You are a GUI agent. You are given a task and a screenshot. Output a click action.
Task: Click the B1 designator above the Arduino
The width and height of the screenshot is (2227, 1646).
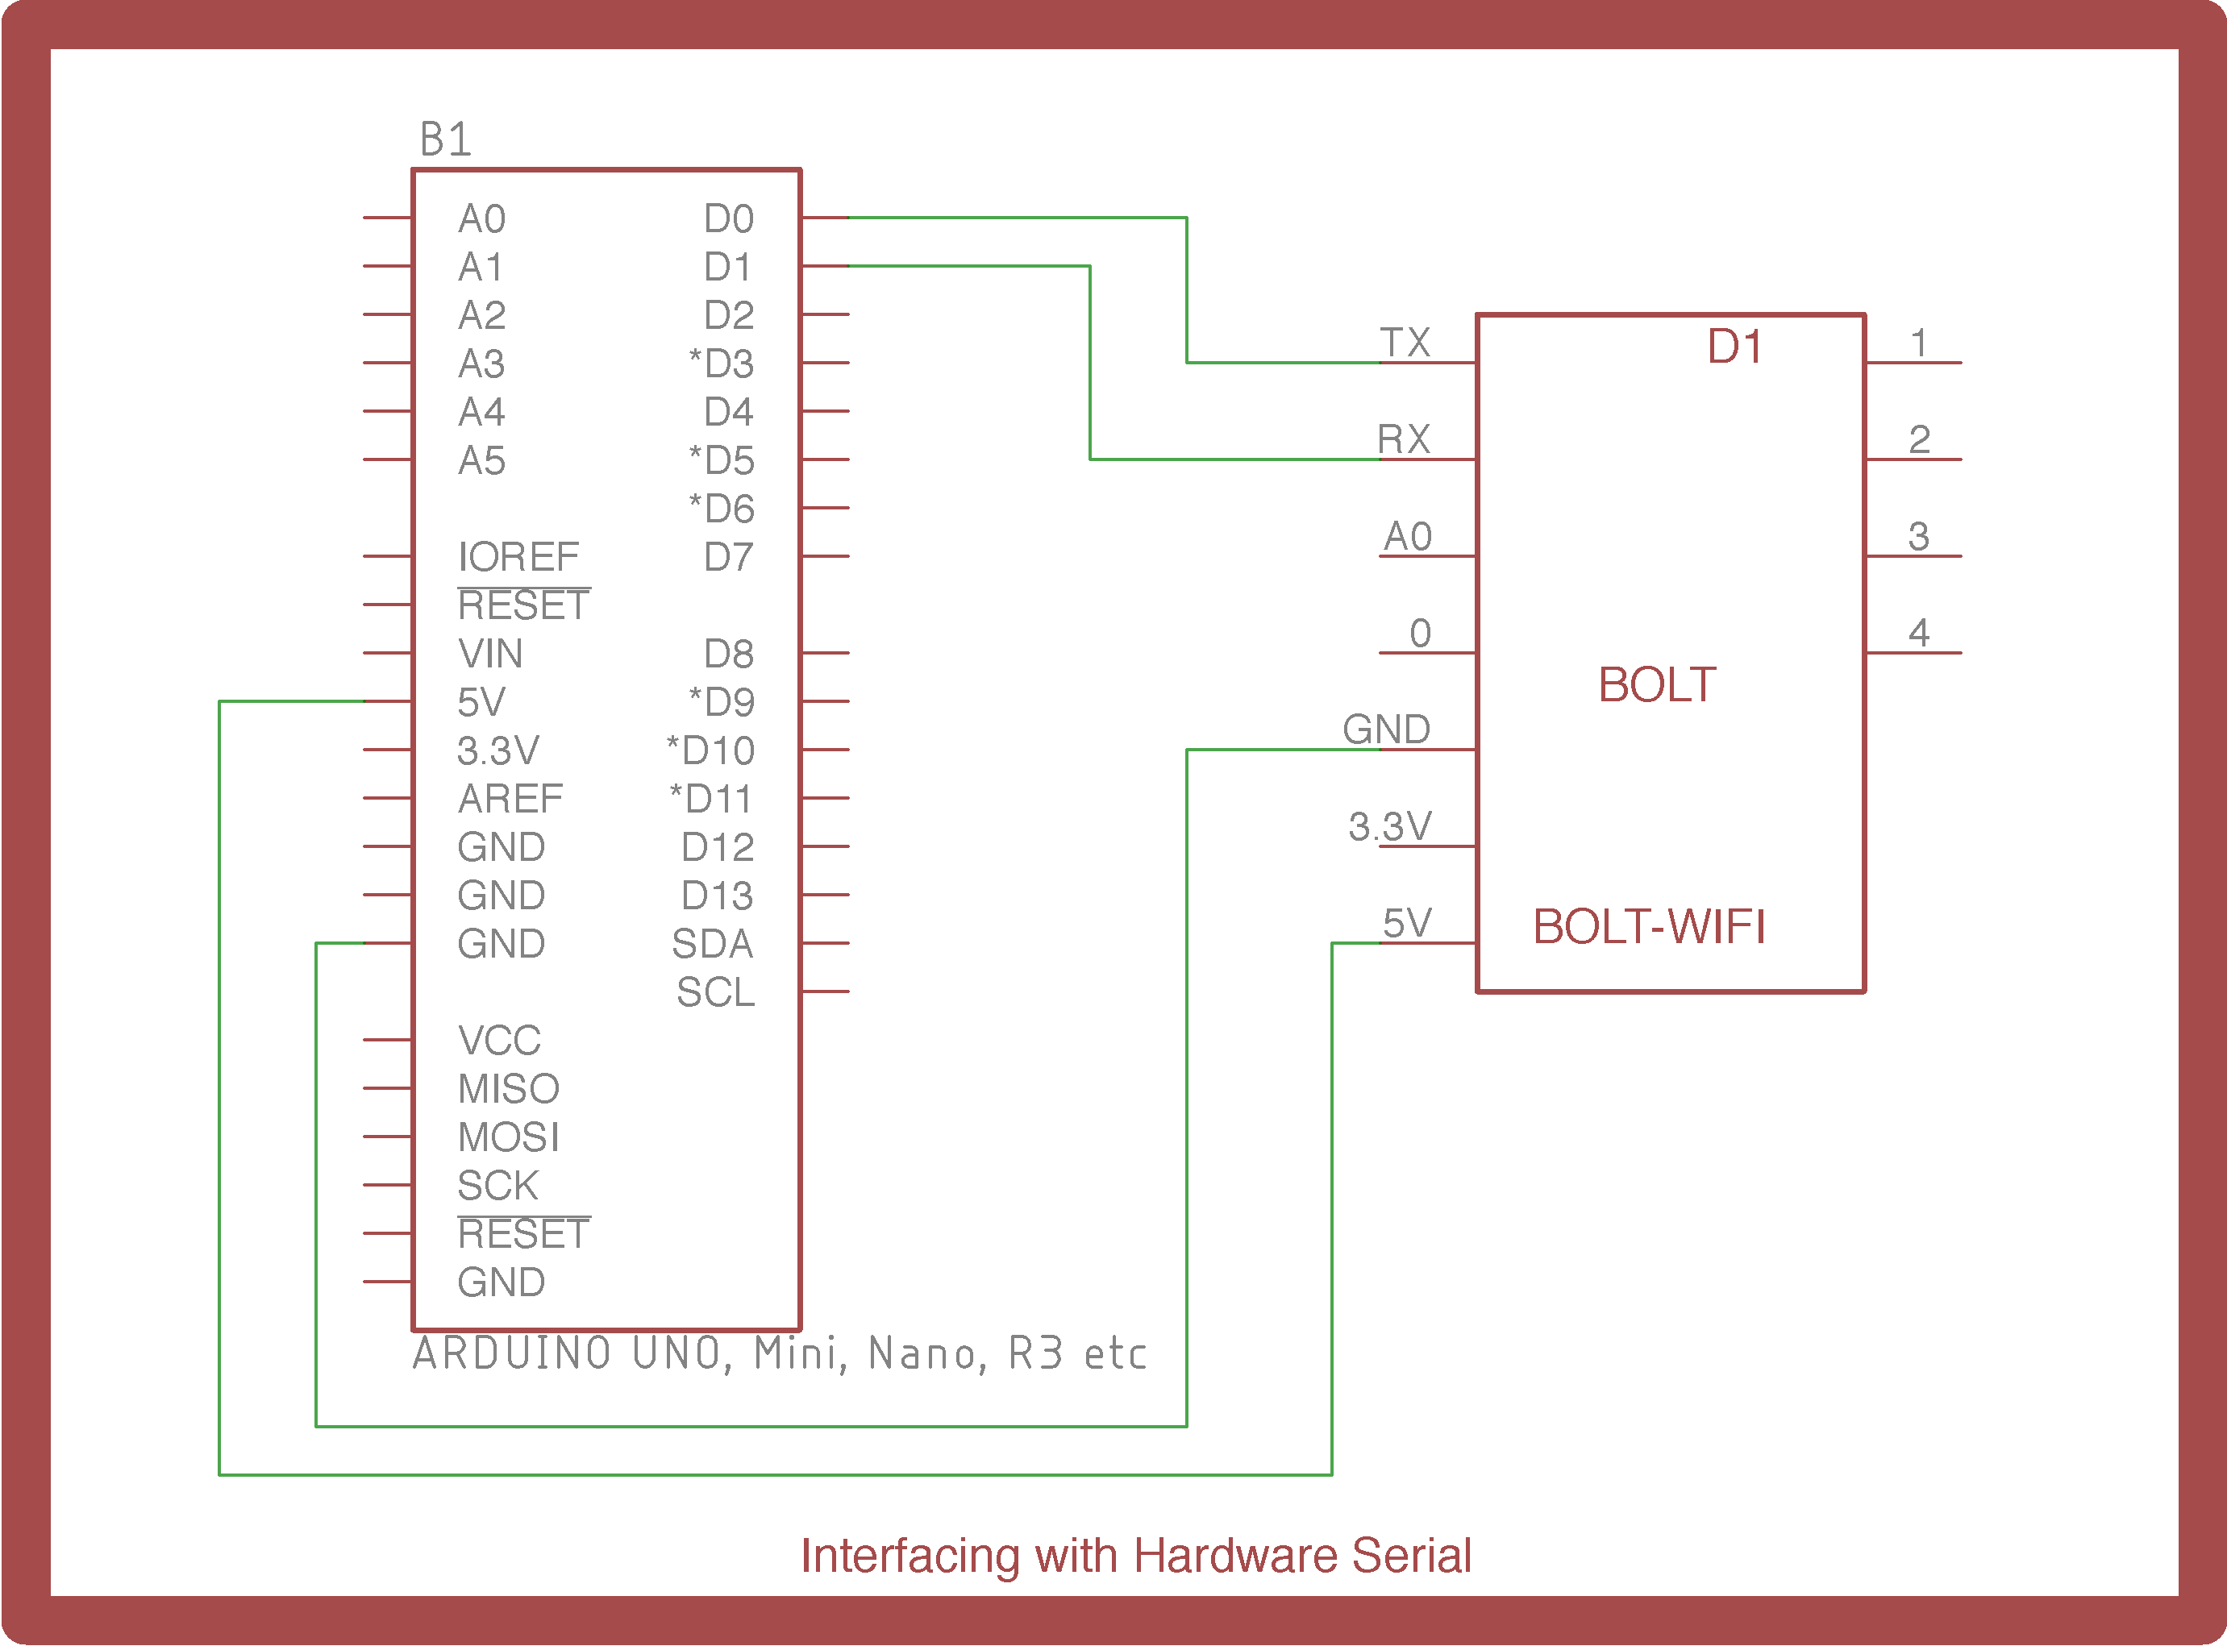click(445, 139)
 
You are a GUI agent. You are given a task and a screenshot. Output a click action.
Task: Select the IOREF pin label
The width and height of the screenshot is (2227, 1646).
click(518, 557)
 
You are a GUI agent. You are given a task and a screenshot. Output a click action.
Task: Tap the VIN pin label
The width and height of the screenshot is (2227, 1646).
click(490, 654)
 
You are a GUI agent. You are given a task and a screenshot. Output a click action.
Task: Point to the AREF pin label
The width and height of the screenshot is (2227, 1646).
click(510, 799)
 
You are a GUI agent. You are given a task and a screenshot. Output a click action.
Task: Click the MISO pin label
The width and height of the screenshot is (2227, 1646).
click(509, 1089)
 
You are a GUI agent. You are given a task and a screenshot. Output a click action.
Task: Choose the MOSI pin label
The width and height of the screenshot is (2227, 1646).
click(509, 1137)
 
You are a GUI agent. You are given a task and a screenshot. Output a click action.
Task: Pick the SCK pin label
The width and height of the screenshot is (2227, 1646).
click(498, 1186)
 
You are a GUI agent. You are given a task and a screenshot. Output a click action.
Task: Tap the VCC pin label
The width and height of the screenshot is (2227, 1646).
click(499, 1040)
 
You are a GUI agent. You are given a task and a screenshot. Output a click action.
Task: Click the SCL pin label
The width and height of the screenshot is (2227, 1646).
click(715, 992)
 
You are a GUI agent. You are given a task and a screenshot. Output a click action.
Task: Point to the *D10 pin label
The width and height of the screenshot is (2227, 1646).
click(710, 750)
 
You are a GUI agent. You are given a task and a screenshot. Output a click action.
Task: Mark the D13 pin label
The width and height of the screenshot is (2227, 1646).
click(718, 896)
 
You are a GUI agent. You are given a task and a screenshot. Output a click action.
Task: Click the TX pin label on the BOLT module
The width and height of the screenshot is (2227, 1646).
click(1405, 343)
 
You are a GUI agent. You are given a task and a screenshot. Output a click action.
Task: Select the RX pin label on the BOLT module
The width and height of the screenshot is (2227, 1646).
click(1404, 439)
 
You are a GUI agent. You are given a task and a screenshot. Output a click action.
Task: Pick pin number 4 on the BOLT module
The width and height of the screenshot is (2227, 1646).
click(1919, 633)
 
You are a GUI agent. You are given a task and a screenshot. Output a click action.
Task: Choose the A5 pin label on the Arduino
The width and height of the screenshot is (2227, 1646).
click(481, 460)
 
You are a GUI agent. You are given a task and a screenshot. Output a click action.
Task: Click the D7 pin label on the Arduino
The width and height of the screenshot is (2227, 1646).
click(728, 557)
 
